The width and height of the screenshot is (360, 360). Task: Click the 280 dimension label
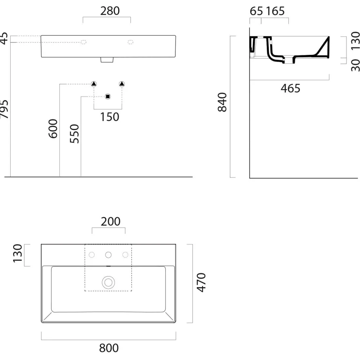(x=110, y=11)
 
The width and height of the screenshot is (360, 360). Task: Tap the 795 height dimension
(x=4, y=109)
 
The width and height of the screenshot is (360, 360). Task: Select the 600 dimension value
(x=53, y=128)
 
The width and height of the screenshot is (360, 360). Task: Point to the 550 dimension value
(x=74, y=134)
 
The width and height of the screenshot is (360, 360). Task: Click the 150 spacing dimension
(x=110, y=117)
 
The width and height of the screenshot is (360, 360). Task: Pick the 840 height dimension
(x=222, y=102)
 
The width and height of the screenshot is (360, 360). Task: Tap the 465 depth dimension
(x=290, y=88)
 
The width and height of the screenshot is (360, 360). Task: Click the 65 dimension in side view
(x=256, y=11)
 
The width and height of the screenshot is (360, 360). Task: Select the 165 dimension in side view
(x=275, y=11)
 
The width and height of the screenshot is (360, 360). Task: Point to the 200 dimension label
(x=111, y=222)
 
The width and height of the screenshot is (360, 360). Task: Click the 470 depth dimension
(x=201, y=283)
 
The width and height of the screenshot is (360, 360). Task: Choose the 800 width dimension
(x=109, y=348)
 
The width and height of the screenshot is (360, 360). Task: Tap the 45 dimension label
(x=4, y=38)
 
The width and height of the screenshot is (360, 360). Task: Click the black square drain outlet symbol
(x=108, y=97)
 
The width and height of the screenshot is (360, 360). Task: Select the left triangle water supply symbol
(x=94, y=84)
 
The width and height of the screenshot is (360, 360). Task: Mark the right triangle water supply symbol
(x=122, y=84)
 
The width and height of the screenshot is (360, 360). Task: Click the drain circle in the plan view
(x=108, y=283)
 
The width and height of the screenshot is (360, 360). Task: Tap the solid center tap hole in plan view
(x=108, y=255)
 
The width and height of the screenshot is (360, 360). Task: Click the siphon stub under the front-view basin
(x=107, y=60)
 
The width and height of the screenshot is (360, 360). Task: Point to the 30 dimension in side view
(x=355, y=65)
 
